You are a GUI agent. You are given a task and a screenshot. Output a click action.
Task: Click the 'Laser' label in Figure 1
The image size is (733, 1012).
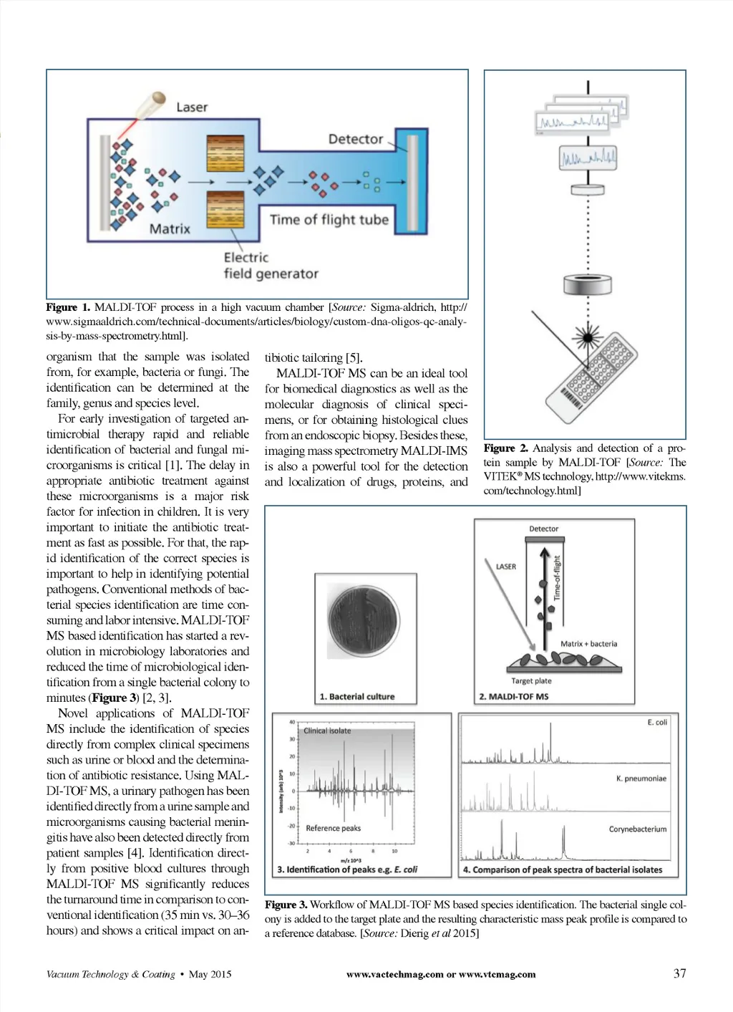pyautogui.click(x=192, y=107)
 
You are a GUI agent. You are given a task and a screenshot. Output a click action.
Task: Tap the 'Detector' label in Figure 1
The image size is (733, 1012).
pyautogui.click(x=356, y=139)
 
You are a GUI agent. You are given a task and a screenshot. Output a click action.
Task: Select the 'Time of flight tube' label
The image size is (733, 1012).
pyautogui.click(x=329, y=220)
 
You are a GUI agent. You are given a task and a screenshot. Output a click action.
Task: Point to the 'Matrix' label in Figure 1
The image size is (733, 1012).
pyautogui.click(x=170, y=228)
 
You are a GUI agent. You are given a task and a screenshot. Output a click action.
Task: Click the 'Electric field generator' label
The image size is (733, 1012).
pyautogui.click(x=270, y=265)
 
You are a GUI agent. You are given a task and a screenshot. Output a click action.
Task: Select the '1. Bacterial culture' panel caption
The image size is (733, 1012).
pyautogui.click(x=357, y=696)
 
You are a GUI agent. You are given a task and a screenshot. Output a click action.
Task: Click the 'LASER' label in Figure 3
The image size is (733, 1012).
pyautogui.click(x=505, y=567)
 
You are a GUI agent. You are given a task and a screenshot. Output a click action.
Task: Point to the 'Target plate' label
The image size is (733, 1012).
pyautogui.click(x=531, y=681)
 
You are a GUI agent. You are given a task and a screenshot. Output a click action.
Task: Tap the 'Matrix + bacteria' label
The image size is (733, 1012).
pyautogui.click(x=588, y=644)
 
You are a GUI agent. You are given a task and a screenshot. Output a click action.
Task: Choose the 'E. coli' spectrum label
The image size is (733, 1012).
pyautogui.click(x=656, y=722)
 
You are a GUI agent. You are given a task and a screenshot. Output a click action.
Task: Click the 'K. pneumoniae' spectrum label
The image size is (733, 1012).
pyautogui.click(x=641, y=779)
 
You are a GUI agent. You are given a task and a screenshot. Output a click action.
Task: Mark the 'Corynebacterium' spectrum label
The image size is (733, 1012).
pyautogui.click(x=637, y=829)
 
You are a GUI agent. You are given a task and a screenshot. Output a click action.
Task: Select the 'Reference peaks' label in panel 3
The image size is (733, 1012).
pyautogui.click(x=333, y=829)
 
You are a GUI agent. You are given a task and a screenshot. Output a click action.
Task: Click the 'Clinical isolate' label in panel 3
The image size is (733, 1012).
pyautogui.click(x=327, y=731)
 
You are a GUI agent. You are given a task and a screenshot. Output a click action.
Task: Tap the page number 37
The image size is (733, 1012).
pyautogui.click(x=679, y=973)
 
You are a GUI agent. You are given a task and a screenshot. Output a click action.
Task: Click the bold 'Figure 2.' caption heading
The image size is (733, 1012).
pyautogui.click(x=505, y=448)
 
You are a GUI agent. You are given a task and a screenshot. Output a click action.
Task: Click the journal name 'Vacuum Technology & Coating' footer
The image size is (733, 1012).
pyautogui.click(x=110, y=974)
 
